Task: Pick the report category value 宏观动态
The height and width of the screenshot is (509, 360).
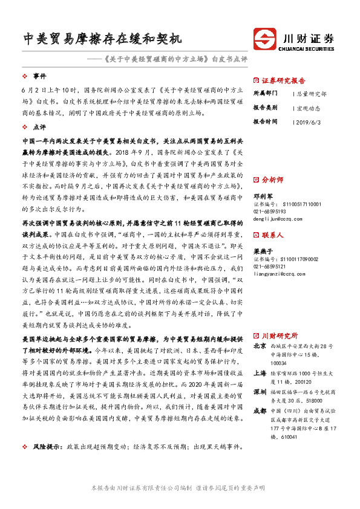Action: (309, 108)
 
